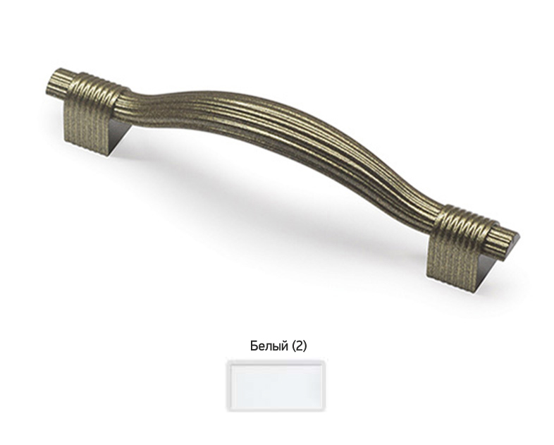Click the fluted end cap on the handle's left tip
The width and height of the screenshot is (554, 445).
click(x=59, y=82)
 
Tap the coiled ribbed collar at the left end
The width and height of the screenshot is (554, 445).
click(x=94, y=92)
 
